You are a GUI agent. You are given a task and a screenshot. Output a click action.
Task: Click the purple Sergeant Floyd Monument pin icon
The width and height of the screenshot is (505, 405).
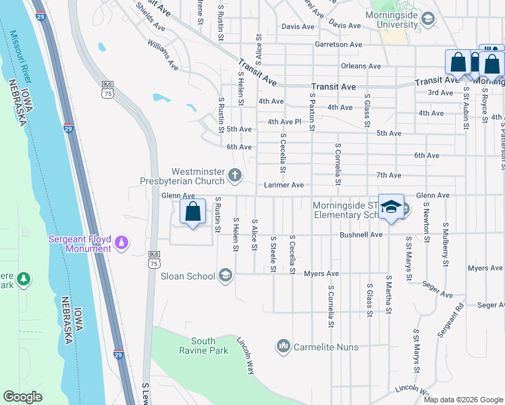coord(122,241)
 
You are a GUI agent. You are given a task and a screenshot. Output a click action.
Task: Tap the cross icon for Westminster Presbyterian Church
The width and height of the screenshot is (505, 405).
coord(235,176)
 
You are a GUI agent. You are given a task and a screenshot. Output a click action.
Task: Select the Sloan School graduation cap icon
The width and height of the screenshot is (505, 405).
coord(225,275)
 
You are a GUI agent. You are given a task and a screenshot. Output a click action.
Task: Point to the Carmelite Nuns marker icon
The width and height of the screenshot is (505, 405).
coord(283,347)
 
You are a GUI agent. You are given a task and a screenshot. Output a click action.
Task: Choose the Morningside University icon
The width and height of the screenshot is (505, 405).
coord(427,20)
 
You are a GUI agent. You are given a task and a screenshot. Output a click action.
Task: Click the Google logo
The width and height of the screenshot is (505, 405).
coord(23,397)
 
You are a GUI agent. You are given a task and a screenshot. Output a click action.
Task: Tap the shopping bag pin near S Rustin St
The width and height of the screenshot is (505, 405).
coord(193,212)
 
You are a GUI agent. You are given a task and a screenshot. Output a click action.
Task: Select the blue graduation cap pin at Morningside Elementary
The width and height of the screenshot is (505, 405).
coord(390,207)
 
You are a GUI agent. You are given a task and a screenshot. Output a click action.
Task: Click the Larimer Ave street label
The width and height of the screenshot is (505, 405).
coord(284,185)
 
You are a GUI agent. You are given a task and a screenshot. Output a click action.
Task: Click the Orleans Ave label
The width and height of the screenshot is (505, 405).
coord(361,66)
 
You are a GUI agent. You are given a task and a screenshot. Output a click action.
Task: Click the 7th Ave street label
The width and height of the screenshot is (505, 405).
coord(389,175)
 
